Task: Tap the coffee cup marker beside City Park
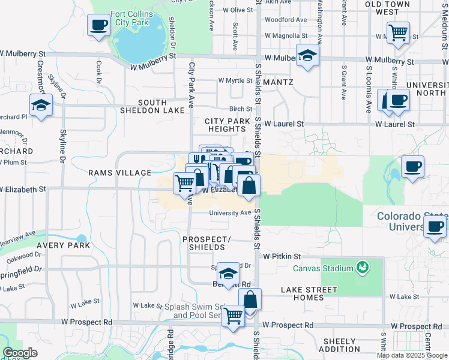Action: point(98,25)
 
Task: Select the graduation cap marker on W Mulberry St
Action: point(307,56)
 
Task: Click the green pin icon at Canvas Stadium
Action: point(362,266)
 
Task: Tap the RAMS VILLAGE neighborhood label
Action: point(120,173)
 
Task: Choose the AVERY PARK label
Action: point(63,245)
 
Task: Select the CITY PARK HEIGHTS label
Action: point(227,125)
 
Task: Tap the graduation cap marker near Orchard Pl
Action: point(41,105)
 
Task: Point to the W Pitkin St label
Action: point(282,256)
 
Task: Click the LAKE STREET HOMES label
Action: point(310,294)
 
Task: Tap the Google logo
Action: point(20,353)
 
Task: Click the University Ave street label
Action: point(230,213)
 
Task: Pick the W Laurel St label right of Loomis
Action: point(395,124)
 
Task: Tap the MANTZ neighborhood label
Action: point(277,82)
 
